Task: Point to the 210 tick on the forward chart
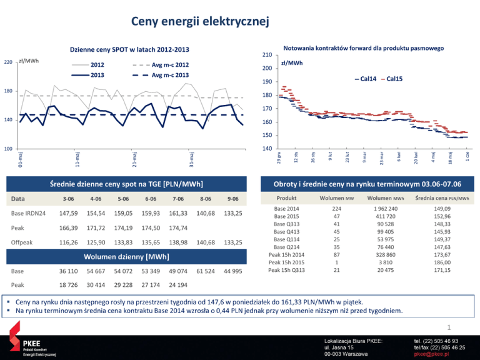click(266, 55)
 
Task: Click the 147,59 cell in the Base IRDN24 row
click(68, 214)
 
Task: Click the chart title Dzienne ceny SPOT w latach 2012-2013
click(129, 50)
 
